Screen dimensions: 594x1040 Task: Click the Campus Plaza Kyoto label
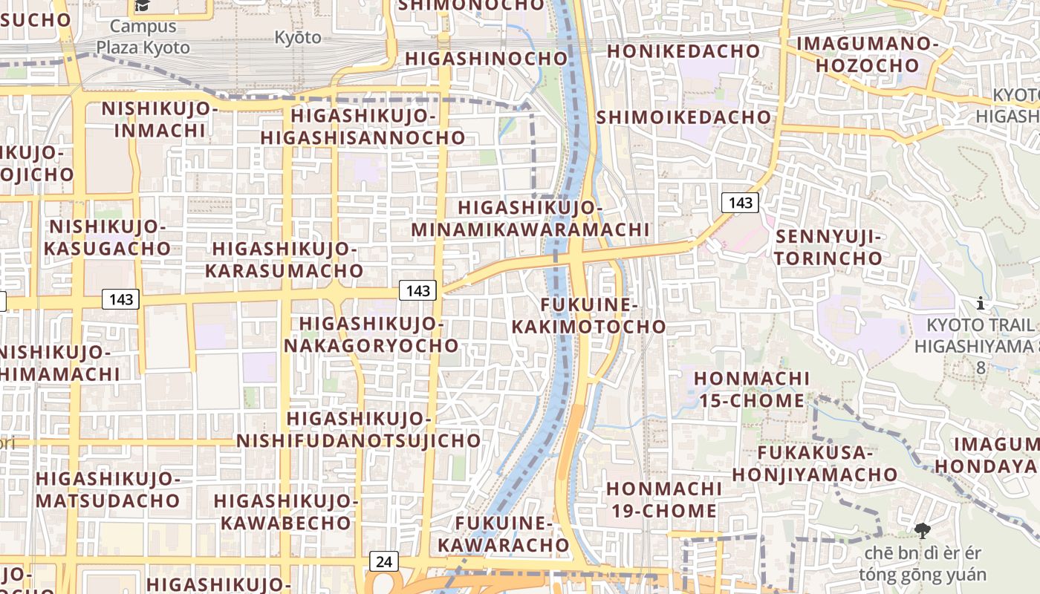pos(142,37)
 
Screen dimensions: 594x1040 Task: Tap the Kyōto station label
pos(298,37)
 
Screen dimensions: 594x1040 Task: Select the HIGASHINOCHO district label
pos(486,59)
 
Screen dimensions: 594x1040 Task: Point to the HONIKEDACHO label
pos(683,51)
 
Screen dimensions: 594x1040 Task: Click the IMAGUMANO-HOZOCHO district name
pos(868,54)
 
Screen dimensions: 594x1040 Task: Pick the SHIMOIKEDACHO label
pos(683,117)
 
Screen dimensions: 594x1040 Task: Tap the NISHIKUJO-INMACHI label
pos(160,120)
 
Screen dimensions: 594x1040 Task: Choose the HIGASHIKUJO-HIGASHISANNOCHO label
pos(363,127)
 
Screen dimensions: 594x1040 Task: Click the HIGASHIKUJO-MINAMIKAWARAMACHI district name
pos(530,219)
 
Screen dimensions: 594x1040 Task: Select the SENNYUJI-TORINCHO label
pos(828,248)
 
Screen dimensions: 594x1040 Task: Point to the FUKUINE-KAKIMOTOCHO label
pos(589,316)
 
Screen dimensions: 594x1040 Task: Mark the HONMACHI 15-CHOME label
pos(752,390)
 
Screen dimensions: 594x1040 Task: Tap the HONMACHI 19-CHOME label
pos(663,500)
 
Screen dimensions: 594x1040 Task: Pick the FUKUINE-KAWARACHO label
pos(503,535)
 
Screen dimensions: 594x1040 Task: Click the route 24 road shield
pos(383,561)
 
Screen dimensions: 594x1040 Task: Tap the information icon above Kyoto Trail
pos(981,303)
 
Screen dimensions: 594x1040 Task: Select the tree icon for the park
pos(923,530)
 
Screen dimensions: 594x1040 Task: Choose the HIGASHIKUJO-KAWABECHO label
pos(286,512)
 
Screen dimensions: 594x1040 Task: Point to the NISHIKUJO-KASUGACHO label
pos(107,238)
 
